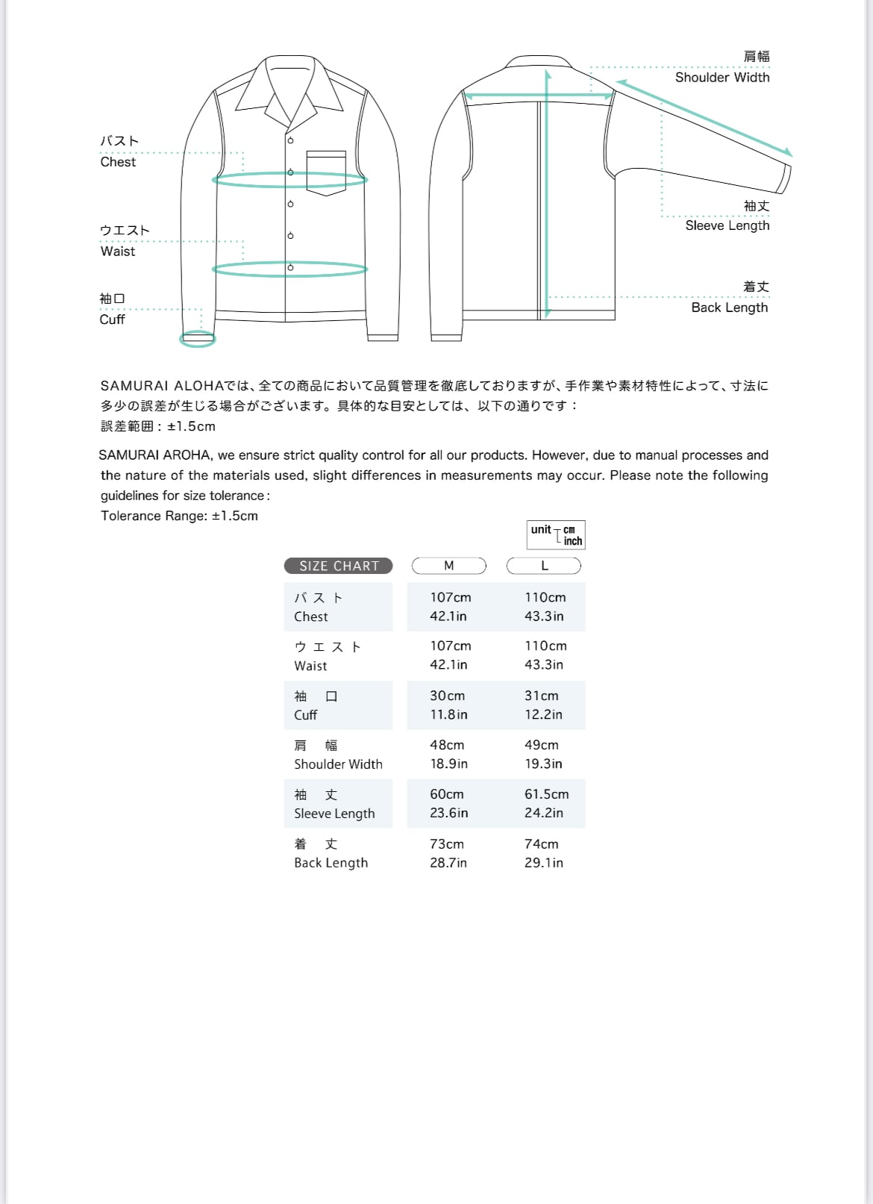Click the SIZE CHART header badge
click(x=339, y=566)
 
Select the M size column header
click(x=449, y=566)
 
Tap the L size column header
click(x=544, y=566)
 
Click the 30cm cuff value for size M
click(x=447, y=696)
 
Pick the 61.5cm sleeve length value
click(x=546, y=794)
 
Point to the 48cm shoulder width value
click(x=447, y=745)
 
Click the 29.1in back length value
click(x=544, y=863)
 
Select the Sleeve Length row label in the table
click(x=334, y=814)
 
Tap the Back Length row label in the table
click(x=331, y=863)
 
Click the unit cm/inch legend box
click(x=556, y=534)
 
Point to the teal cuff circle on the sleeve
click(x=198, y=340)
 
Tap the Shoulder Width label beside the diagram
click(x=722, y=77)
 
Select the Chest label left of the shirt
click(x=118, y=162)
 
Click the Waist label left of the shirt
click(x=118, y=252)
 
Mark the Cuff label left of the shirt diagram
click(x=112, y=319)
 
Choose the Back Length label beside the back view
click(x=729, y=308)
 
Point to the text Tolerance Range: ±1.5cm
click(x=179, y=516)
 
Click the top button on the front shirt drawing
click(x=290, y=140)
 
